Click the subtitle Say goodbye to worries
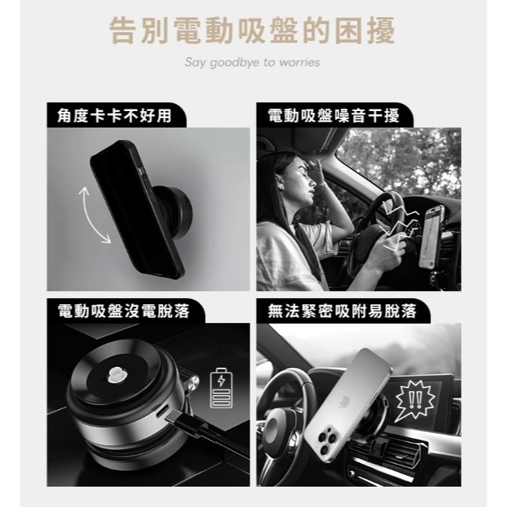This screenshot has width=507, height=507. pyautogui.click(x=253, y=62)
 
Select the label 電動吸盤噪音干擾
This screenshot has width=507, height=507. pyautogui.click(x=333, y=116)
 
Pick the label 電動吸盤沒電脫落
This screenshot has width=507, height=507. pyautogui.click(x=124, y=311)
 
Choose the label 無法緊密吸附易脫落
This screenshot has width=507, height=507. pyautogui.click(x=342, y=311)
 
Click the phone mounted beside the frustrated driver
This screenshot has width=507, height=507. pyautogui.click(x=431, y=236)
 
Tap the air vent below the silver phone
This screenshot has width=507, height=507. pyautogui.click(x=400, y=455)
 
